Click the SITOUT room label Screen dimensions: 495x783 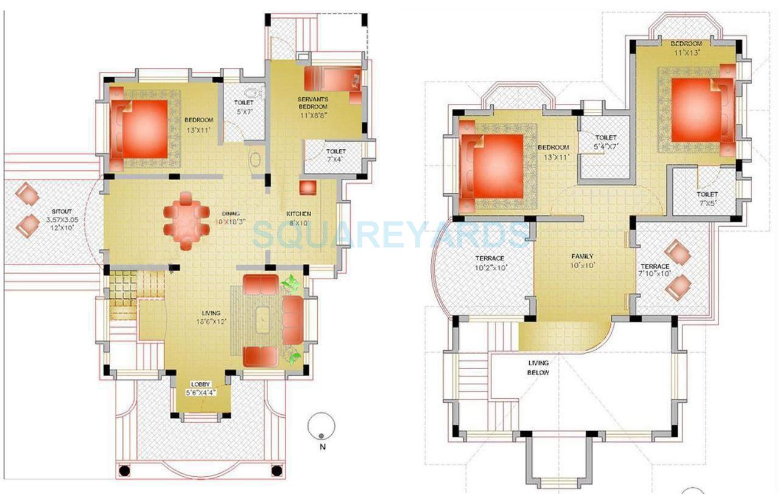click(61, 211)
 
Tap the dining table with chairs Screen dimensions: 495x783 click(186, 220)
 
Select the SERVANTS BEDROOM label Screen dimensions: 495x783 click(313, 103)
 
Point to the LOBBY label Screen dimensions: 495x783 click(200, 384)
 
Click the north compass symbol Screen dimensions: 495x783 click(321, 426)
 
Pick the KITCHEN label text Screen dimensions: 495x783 click(299, 213)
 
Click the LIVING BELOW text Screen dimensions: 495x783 click(538, 368)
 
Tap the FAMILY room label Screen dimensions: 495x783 click(582, 256)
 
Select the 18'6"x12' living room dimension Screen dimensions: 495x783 click(211, 321)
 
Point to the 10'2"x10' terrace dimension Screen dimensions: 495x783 click(491, 267)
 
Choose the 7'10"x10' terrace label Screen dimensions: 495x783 click(655, 274)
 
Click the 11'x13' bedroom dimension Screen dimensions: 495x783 click(686, 52)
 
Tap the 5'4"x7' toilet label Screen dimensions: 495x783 click(606, 146)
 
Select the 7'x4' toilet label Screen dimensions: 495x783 click(335, 159)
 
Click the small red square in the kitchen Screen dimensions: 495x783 click(307, 187)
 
